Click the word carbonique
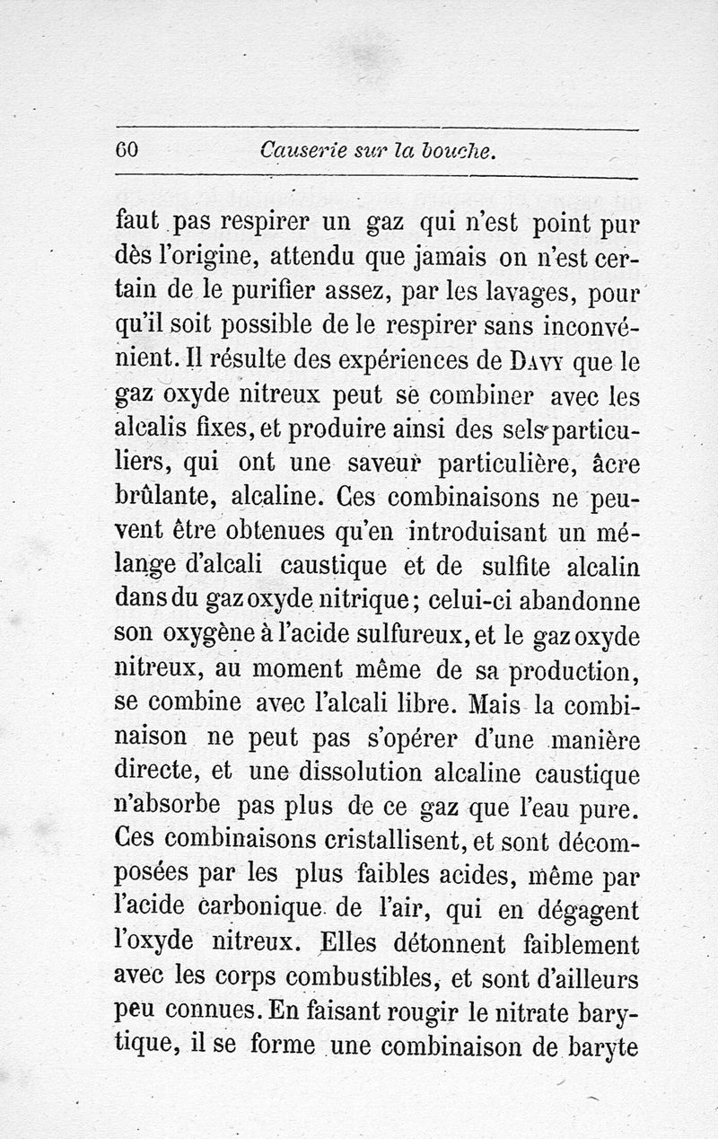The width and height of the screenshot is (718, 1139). pyautogui.click(x=242, y=910)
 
